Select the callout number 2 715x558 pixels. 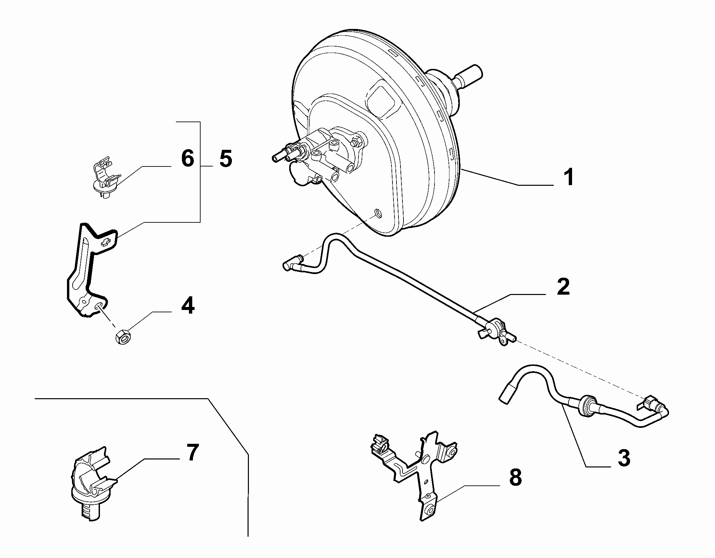pyautogui.click(x=563, y=287)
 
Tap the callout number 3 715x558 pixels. pyautogui.click(x=623, y=458)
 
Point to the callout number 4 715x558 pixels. pyautogui.click(x=188, y=305)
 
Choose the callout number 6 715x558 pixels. pyautogui.click(x=188, y=158)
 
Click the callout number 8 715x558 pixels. pyautogui.click(x=515, y=477)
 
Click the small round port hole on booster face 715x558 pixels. pyautogui.click(x=377, y=213)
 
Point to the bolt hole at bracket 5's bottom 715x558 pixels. pyautogui.click(x=99, y=307)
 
